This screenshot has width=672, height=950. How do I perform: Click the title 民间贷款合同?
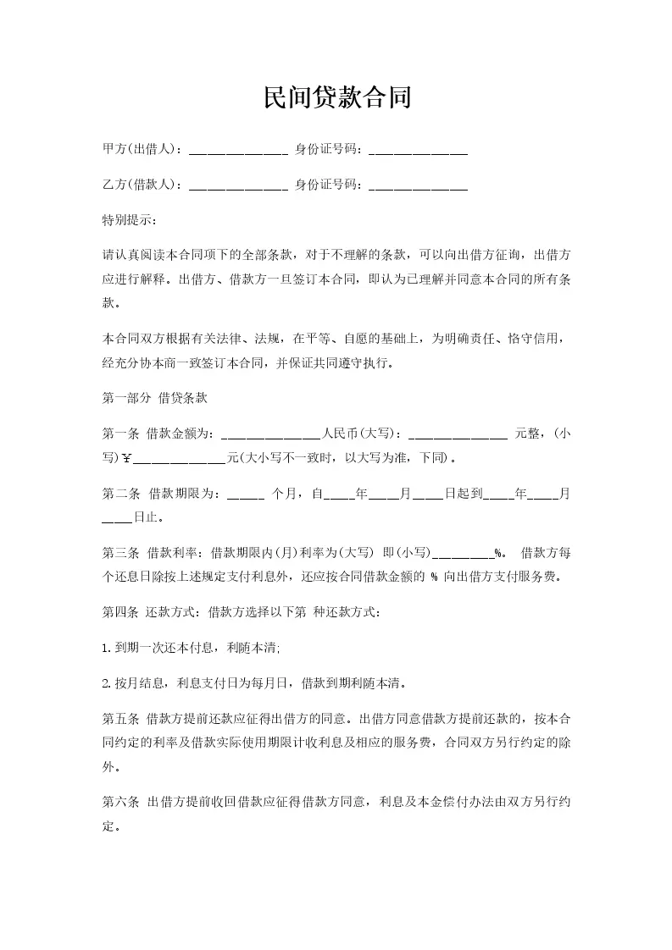[336, 97]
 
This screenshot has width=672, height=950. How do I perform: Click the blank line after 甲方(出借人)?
[238, 152]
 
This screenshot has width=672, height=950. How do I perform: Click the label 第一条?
[119, 434]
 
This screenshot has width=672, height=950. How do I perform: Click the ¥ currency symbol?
[127, 460]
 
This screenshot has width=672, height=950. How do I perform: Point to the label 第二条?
[119, 493]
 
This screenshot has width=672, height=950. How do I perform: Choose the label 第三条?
[119, 553]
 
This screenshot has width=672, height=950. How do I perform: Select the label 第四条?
[119, 612]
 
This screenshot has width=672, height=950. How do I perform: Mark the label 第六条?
[119, 802]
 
